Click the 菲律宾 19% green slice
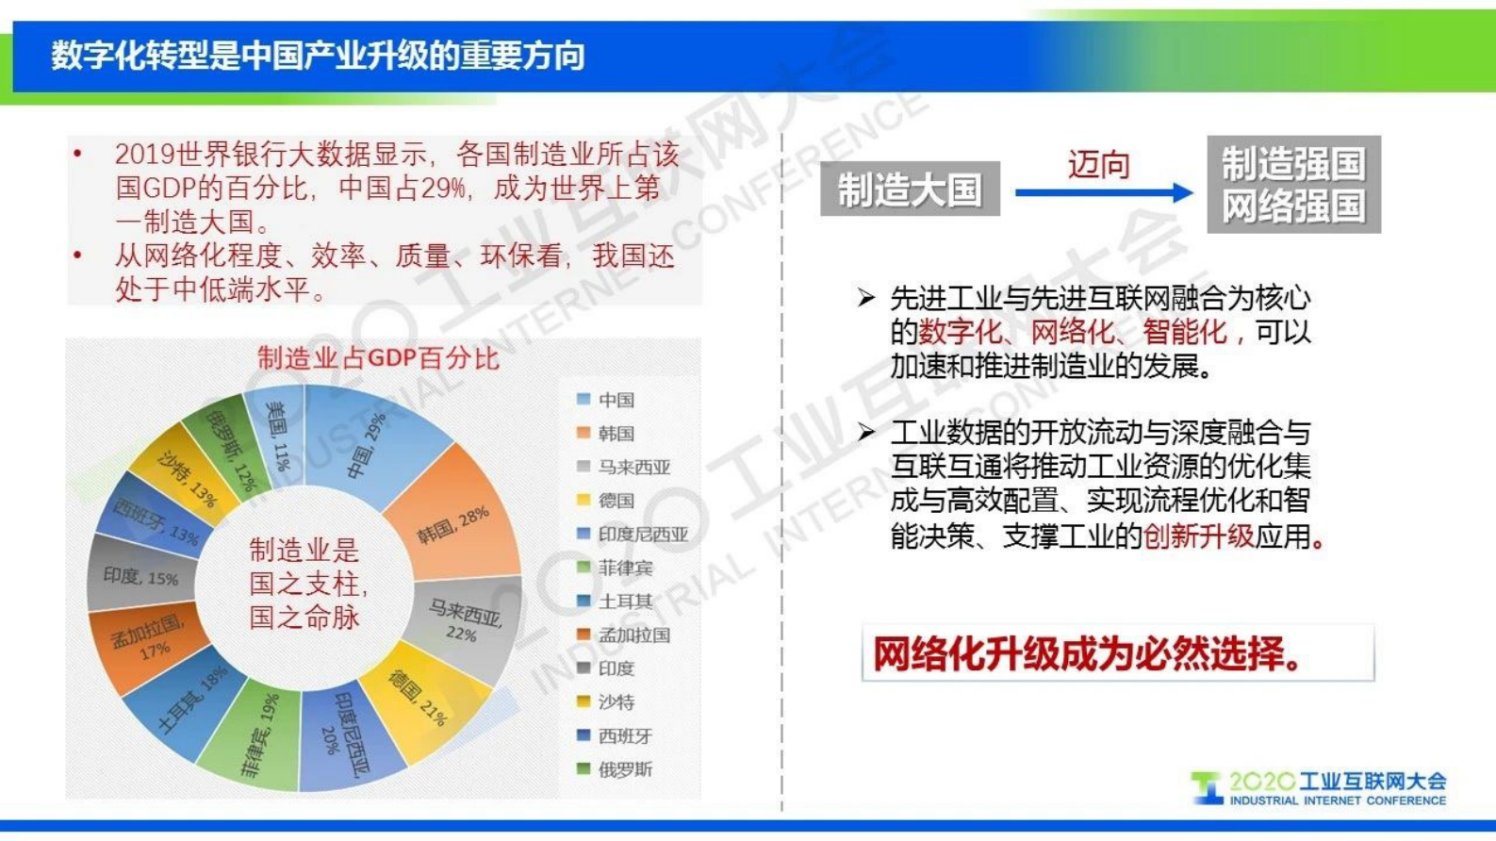point(259,735)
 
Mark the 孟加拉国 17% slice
point(141,641)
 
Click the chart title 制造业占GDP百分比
point(378,358)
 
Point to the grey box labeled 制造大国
point(910,190)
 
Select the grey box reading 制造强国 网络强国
point(1293,185)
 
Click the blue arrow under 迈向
point(1103,193)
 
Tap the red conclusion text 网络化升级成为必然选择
point(1089,653)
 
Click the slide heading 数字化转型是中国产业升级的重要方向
point(318,56)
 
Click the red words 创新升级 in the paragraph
point(1198,536)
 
